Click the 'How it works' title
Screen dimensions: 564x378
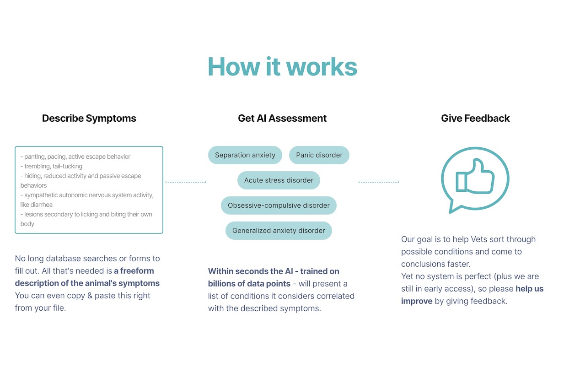(282, 66)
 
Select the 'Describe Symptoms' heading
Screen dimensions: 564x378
(89, 119)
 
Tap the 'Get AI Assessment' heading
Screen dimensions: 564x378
(282, 119)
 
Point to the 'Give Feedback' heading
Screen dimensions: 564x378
(475, 119)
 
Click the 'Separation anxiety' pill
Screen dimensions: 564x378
(245, 155)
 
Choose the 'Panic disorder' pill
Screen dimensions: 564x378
(319, 155)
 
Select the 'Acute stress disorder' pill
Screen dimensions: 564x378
(279, 180)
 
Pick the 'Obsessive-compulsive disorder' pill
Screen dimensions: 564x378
(279, 205)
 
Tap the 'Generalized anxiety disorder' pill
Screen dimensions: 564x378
(279, 231)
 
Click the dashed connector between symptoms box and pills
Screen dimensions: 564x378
(186, 182)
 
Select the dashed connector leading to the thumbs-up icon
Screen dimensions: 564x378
(379, 182)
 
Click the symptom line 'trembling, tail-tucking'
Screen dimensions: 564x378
(51, 166)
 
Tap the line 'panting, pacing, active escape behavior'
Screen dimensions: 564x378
(75, 157)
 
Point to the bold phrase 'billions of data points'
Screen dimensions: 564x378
(249, 284)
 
